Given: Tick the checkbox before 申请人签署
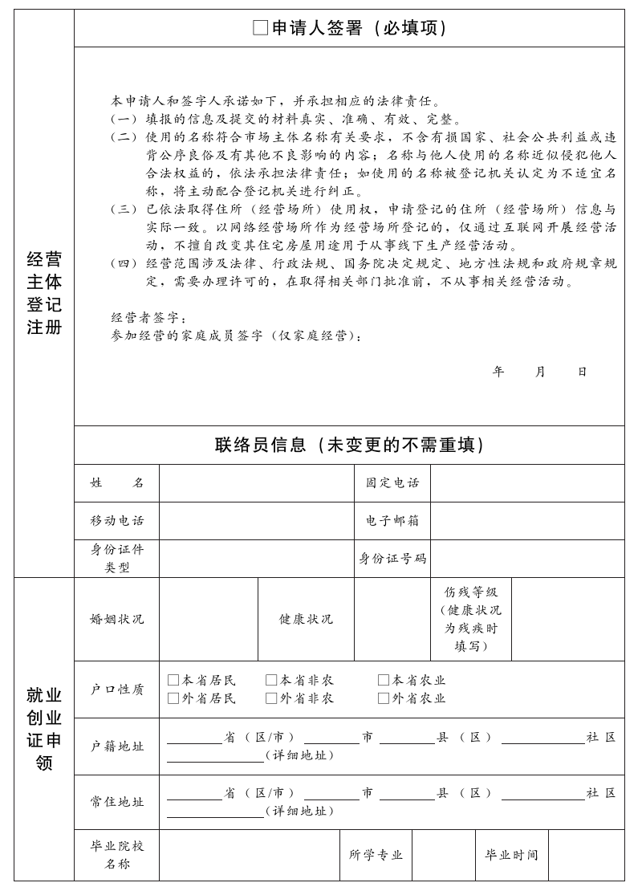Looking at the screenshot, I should pyautogui.click(x=260, y=28).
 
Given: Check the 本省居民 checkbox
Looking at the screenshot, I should pyautogui.click(x=173, y=681).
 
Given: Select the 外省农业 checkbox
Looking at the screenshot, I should pyautogui.click(x=384, y=698).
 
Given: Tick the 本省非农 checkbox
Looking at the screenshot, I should pyautogui.click(x=271, y=681).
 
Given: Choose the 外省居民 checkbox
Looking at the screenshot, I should pyautogui.click(x=173, y=698).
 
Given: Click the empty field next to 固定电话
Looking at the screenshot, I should pyautogui.click(x=527, y=483).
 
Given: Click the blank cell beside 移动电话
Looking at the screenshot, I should pyautogui.click(x=256, y=521).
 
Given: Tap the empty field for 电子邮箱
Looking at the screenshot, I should pyautogui.click(x=527, y=521).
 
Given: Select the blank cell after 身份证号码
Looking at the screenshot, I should pyautogui.click(x=527, y=559).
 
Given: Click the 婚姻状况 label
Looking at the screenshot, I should pyautogui.click(x=117, y=620).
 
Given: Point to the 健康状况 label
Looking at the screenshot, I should pyautogui.click(x=306, y=620).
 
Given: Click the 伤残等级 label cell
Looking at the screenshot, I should pyautogui.click(x=471, y=619).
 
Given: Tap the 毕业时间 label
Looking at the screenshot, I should pyautogui.click(x=511, y=856).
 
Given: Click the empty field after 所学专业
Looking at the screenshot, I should pyautogui.click(x=443, y=856).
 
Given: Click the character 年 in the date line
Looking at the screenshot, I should pyautogui.click(x=498, y=372).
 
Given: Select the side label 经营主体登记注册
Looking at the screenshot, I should pyautogui.click(x=44, y=293).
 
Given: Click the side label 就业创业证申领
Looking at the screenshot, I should pyautogui.click(x=44, y=729).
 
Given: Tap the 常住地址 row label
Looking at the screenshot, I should pyautogui.click(x=117, y=802).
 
